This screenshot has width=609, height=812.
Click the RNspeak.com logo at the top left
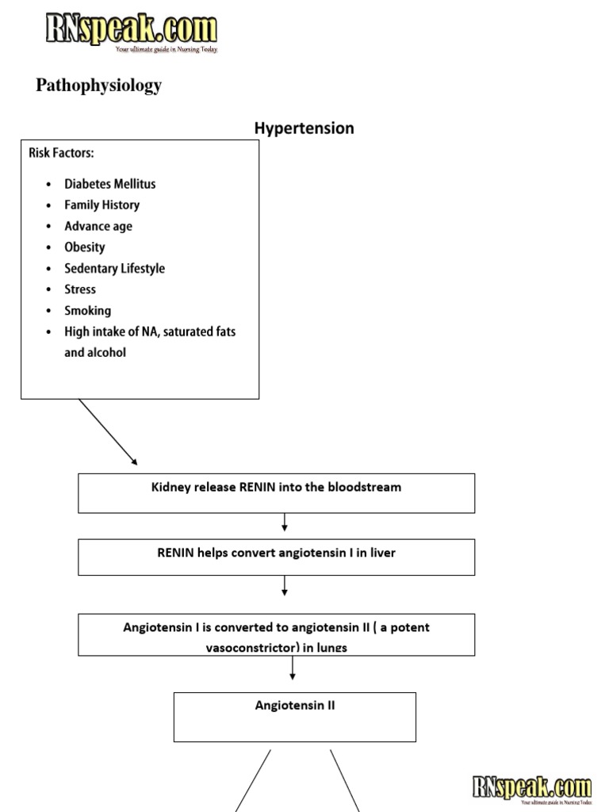pos(130,32)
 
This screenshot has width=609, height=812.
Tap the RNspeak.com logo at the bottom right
pos(531,788)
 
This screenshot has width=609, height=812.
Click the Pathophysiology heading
pos(98,86)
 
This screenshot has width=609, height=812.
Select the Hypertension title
pos(304,128)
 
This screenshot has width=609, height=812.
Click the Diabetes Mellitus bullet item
pos(109,184)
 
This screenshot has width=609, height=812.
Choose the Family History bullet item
pos(101,205)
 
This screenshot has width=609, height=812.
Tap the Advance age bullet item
pos(98,226)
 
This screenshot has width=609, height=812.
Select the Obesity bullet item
pos(84,247)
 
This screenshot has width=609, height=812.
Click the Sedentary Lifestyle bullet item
pos(114,269)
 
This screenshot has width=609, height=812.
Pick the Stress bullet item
pos(80,289)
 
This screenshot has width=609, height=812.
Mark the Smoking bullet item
pos(87,311)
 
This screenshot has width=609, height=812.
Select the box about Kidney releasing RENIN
pos(276,492)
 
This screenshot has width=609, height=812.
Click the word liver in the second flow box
pos(380,553)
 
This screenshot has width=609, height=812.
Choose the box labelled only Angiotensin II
pos(294,716)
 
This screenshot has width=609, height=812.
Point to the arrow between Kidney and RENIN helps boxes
pos(285,523)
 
